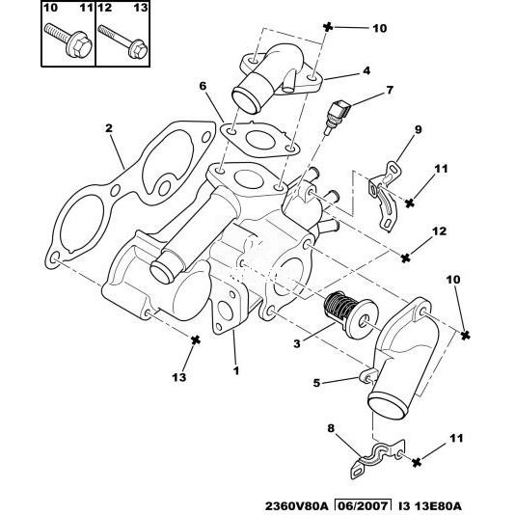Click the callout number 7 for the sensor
(390, 90)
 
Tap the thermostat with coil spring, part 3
(350, 314)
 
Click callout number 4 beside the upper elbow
(366, 70)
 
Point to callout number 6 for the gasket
(203, 86)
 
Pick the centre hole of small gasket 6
(259, 140)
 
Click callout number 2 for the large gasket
(109, 128)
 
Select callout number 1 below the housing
(236, 370)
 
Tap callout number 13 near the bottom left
(179, 377)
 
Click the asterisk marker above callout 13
(196, 340)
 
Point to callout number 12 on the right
(440, 231)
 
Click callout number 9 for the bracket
(418, 130)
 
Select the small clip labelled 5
(368, 375)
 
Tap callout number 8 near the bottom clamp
(331, 428)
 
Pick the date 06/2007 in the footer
(363, 505)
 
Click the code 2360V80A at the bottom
(297, 506)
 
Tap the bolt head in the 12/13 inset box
(137, 49)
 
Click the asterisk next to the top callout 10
(328, 27)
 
